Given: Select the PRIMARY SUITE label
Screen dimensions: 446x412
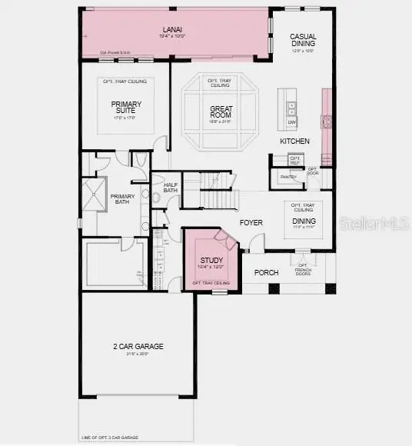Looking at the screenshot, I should pos(125,108).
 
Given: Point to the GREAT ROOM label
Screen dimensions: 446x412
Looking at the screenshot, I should pos(221,112).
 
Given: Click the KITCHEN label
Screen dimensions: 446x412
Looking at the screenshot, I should pos(294,141).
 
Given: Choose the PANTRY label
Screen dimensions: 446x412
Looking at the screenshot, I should pos(288,177).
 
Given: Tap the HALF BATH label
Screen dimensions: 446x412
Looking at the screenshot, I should pos(171,188).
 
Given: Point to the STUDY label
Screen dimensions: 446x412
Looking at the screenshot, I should pos(211,261).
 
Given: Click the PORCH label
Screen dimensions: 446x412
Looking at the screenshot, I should pos(266,271).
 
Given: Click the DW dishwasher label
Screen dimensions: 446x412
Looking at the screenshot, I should pos(291,122).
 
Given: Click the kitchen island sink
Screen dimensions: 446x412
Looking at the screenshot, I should pos(292,107).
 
